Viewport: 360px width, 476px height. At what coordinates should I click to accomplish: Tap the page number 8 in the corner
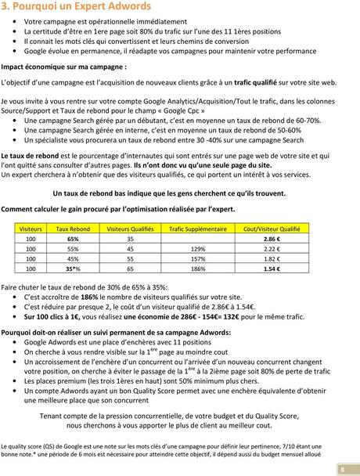(x=342, y=469)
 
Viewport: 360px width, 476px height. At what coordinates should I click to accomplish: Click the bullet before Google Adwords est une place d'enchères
(x=15, y=341)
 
